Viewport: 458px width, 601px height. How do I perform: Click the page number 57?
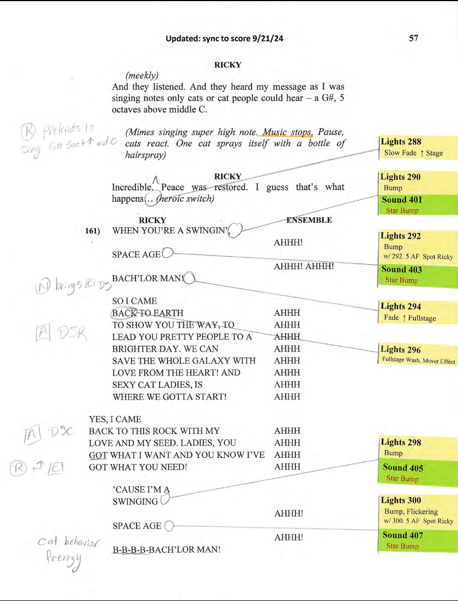pos(413,38)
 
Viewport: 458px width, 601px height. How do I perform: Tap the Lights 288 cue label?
pos(401,142)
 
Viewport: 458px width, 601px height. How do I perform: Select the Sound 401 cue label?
pos(402,199)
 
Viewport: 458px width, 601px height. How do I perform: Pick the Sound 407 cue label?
pos(403,535)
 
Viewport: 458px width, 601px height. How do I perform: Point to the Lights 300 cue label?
pos(401,500)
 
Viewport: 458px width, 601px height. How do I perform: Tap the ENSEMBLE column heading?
pos(308,220)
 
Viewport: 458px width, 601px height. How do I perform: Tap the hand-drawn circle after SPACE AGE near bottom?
pos(170,525)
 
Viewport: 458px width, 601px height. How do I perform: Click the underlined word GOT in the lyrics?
pos(98,455)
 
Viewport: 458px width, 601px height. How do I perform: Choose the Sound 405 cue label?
pos(403,468)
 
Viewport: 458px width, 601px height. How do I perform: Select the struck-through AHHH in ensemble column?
pos(287,336)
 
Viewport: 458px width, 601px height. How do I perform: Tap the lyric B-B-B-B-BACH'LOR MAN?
pos(166,549)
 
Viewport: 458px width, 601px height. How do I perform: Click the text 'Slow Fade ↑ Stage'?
pos(413,153)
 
